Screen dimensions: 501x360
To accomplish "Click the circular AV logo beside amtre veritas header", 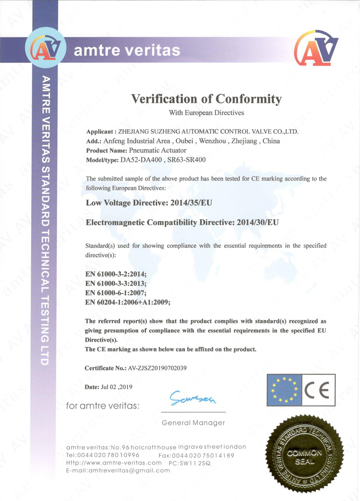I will point(46,49).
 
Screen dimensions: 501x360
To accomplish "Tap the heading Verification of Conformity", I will point(206,99).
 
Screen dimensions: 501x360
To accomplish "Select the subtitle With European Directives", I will point(206,112).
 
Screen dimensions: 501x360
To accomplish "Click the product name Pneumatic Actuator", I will point(157,150).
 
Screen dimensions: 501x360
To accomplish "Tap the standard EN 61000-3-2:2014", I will point(116,275).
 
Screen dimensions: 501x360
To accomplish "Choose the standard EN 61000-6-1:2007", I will point(116,293).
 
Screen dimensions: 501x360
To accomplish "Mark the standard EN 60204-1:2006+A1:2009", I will point(128,302).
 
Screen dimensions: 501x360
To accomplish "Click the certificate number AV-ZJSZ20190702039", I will point(157,368).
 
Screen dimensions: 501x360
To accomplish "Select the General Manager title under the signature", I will point(193,423).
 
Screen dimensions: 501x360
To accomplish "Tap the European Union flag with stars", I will point(283,389).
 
